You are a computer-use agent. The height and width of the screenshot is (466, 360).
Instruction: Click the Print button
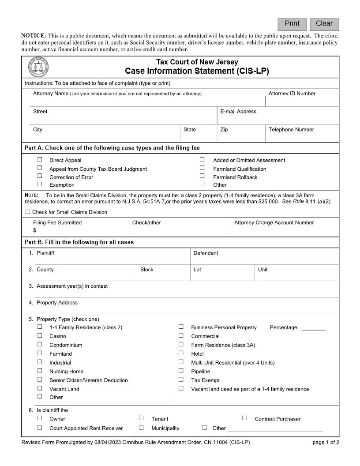pyautogui.click(x=292, y=24)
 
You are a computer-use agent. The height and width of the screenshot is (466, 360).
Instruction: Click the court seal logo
pyautogui.click(x=38, y=68)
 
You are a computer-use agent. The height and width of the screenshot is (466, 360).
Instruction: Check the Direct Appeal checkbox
pyautogui.click(x=40, y=160)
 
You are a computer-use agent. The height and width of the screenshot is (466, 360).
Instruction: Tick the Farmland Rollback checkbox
pyautogui.click(x=202, y=176)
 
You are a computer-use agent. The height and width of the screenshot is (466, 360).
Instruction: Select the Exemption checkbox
pyautogui.click(x=40, y=184)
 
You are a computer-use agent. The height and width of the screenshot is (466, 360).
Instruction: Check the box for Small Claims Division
pyautogui.click(x=28, y=212)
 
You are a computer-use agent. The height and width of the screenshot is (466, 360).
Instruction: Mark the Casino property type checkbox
pyautogui.click(x=40, y=336)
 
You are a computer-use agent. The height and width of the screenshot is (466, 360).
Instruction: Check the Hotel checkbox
pyautogui.click(x=181, y=353)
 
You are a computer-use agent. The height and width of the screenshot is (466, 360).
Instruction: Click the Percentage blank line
pyautogui.click(x=314, y=327)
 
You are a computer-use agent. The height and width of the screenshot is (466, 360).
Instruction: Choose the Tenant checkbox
pyautogui.click(x=141, y=418)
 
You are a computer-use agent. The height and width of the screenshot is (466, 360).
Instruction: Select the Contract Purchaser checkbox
pyautogui.click(x=244, y=418)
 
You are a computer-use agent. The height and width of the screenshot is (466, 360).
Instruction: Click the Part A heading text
pyautogui.click(x=112, y=148)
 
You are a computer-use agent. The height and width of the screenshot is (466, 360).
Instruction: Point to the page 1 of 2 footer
pyautogui.click(x=326, y=443)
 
